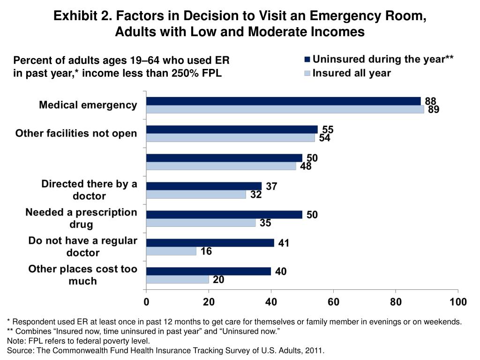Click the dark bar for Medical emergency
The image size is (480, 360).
point(284,101)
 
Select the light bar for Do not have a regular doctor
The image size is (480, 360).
point(171,251)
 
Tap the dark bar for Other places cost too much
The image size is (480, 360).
point(209,271)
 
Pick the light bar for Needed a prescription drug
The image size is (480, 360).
point(201,223)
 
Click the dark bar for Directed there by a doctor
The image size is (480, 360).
point(204,186)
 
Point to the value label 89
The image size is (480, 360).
point(433,110)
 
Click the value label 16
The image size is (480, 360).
point(206,252)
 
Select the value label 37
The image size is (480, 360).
point(271,187)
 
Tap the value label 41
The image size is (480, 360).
point(284,243)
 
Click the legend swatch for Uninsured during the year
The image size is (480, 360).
point(307,60)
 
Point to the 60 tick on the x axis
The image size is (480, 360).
point(333,302)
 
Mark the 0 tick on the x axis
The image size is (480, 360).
point(146,302)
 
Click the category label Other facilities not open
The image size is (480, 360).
point(76,134)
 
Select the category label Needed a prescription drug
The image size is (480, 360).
point(81,218)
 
